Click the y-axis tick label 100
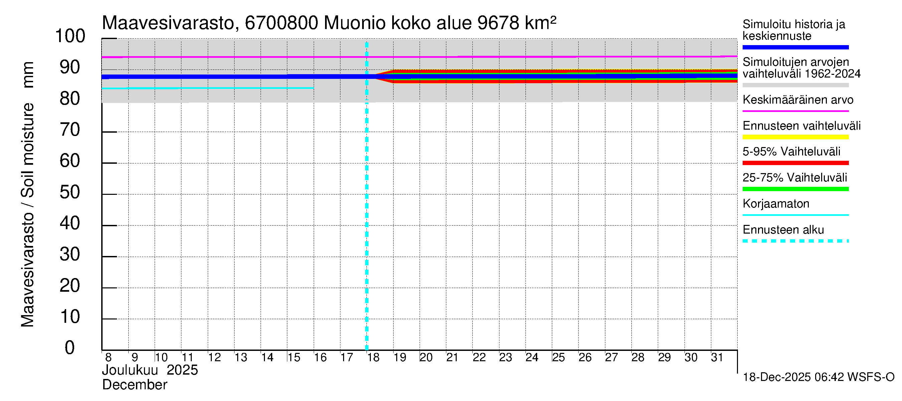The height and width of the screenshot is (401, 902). coord(70,36)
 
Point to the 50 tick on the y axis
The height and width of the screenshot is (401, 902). coord(70,192)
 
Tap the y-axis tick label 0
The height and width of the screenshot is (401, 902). coord(70,348)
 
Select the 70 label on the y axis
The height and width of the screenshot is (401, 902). coord(70,130)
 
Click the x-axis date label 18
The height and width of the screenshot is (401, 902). coord(373,358)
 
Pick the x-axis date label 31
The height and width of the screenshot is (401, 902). coord(717,358)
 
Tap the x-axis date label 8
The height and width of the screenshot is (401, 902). coord(108,358)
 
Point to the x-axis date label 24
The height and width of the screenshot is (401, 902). coord(532,358)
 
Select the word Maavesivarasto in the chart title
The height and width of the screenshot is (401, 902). coord(168,23)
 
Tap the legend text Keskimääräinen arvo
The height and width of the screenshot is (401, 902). coord(798,100)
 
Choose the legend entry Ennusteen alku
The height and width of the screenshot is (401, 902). coord(783,230)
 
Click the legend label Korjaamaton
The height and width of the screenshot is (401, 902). coord(776,204)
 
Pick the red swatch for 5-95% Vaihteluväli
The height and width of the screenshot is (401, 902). coord(795,163)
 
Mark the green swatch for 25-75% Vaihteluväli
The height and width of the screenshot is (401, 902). coord(795,189)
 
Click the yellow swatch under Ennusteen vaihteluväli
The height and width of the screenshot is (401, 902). coord(795,137)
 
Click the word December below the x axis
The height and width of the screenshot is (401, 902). coord(135,385)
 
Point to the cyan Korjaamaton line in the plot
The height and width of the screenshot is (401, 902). coord(210,88)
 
